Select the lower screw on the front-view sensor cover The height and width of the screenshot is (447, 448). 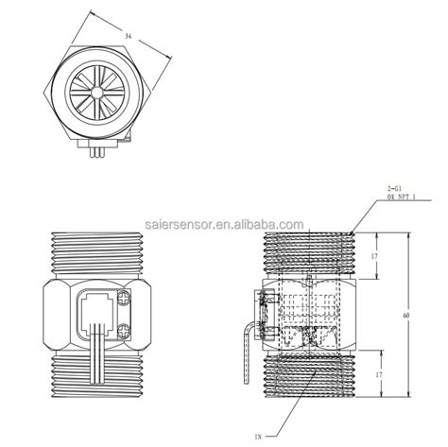tap(126, 331)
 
